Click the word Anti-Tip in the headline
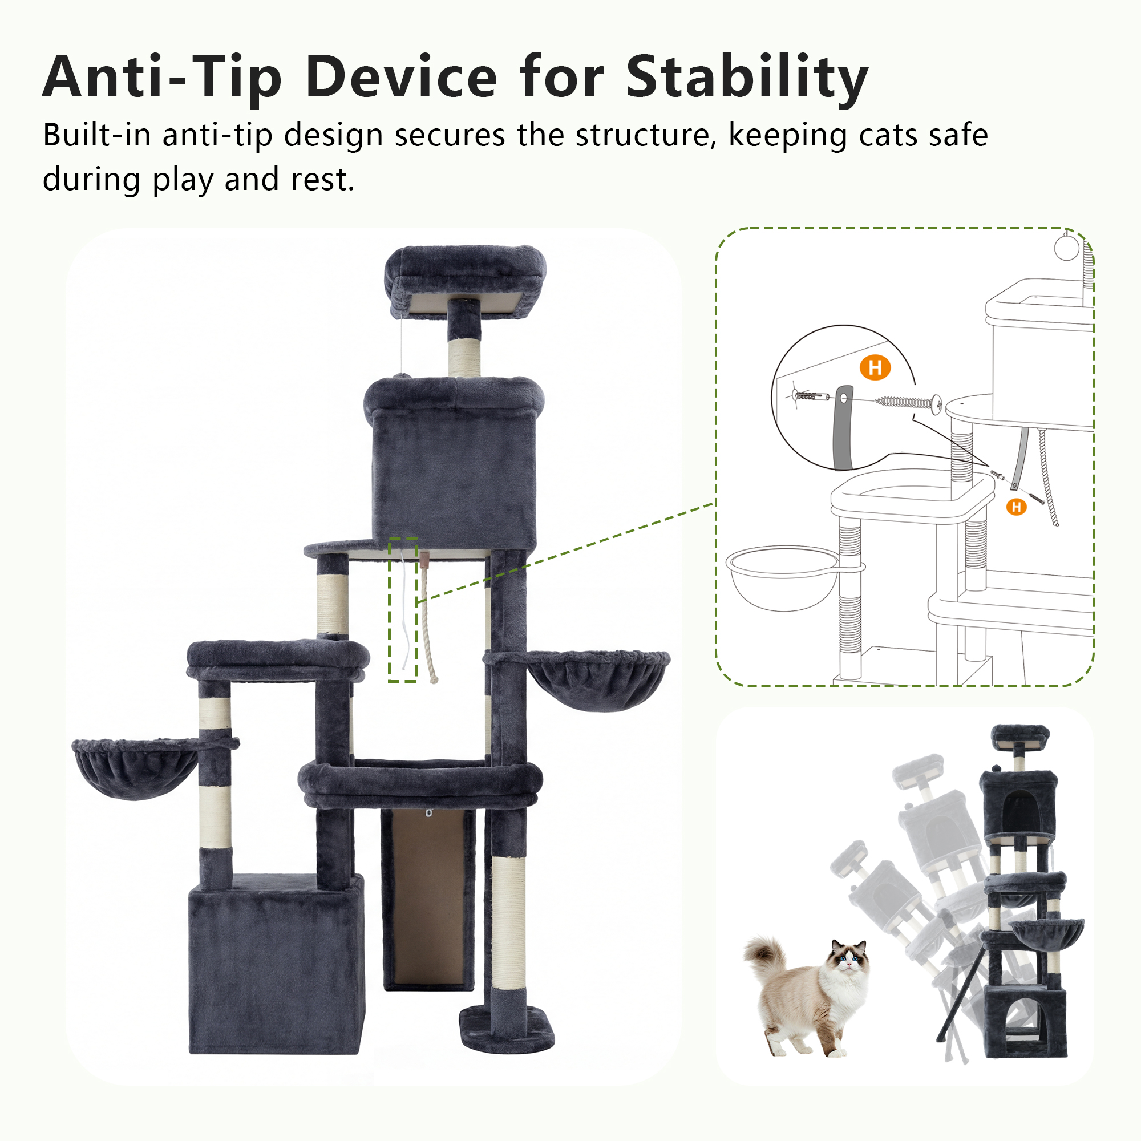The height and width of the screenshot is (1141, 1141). (162, 78)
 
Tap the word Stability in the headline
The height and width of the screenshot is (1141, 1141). (748, 78)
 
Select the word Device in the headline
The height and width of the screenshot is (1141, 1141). (402, 78)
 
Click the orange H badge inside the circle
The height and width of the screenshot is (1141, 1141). (875, 367)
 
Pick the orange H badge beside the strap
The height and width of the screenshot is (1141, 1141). (1017, 507)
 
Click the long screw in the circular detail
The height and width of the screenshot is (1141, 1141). (909, 403)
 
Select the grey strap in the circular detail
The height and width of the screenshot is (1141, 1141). (843, 427)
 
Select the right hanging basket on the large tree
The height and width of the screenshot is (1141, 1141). (598, 679)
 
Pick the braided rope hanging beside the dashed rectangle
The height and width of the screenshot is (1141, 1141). (429, 617)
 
